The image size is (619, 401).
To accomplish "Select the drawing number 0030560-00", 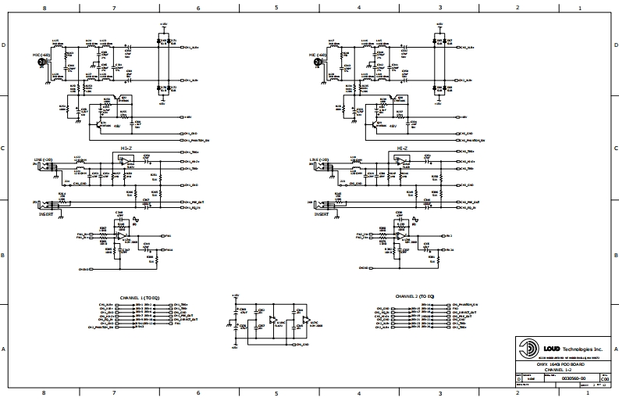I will pyautogui.click(x=551, y=378).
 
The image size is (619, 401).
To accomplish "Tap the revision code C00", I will pyautogui.click(x=593, y=378).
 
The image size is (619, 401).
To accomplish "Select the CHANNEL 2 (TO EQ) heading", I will pyautogui.click(x=414, y=298).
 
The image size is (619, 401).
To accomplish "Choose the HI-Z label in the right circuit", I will pyautogui.click(x=402, y=147).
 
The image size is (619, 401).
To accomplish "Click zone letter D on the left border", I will pyautogui.click(x=5, y=46).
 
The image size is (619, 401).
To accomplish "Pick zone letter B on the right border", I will pyautogui.click(x=615, y=254).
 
